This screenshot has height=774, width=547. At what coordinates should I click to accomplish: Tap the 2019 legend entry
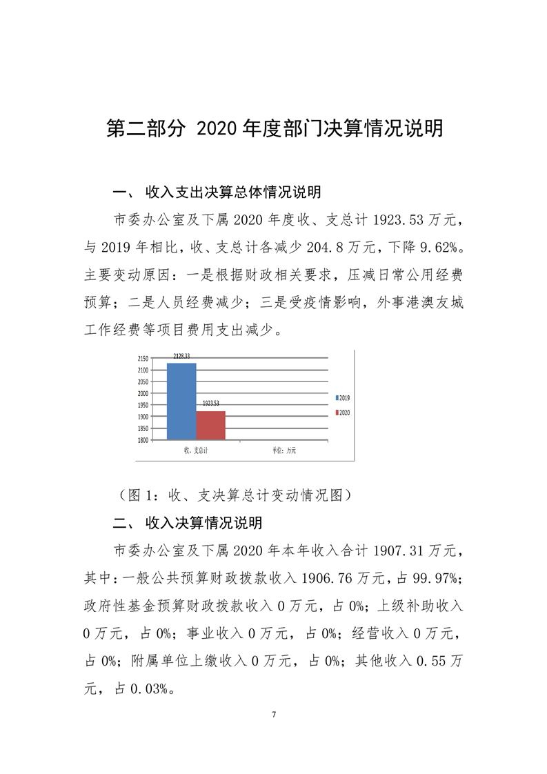(343, 398)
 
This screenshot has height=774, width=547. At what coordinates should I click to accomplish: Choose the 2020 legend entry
(343, 412)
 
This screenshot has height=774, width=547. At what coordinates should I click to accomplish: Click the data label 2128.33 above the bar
(181, 357)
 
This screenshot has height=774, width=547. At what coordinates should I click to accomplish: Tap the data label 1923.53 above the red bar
(210, 403)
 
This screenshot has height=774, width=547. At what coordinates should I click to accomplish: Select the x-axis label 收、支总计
(196, 450)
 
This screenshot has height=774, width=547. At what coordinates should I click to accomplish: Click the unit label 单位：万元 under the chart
(284, 450)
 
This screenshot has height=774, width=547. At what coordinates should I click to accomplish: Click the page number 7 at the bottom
(274, 713)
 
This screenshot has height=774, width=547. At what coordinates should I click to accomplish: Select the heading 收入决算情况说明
(203, 523)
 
